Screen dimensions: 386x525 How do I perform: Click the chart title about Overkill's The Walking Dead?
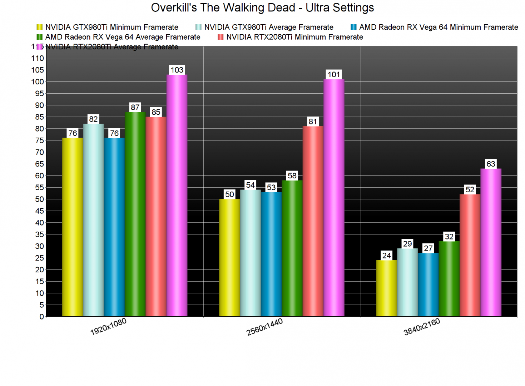click(262, 8)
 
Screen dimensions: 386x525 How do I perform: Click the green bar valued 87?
click(135, 214)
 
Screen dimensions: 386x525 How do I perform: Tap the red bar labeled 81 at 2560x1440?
click(313, 221)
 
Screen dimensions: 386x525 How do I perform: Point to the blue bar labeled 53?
click(271, 254)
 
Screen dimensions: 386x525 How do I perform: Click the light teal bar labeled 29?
click(407, 282)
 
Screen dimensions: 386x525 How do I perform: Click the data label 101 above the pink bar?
click(334, 74)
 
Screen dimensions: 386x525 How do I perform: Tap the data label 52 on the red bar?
click(470, 189)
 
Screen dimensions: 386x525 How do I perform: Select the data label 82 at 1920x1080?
click(93, 119)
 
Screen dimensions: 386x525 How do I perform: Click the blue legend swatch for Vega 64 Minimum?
click(353, 27)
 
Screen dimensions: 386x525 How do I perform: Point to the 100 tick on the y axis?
click(38, 81)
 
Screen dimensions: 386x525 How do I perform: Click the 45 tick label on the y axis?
click(39, 211)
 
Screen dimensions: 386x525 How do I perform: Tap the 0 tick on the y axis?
click(42, 317)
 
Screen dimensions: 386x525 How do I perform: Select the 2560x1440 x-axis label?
click(264, 327)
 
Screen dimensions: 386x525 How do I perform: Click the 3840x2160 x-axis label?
click(422, 327)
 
